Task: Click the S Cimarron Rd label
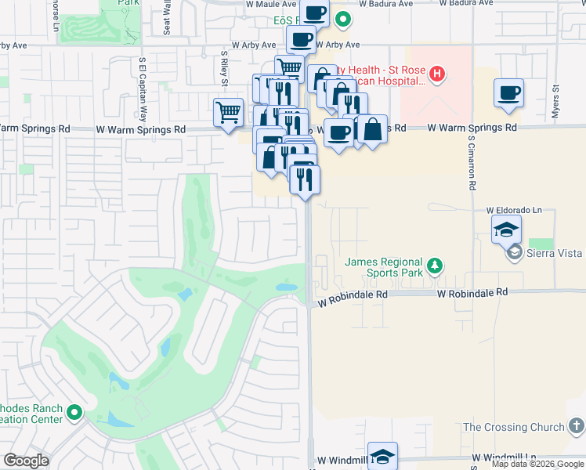(x=472, y=164)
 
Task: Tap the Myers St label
(x=555, y=102)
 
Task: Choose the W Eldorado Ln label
(x=514, y=211)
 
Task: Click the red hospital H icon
(x=437, y=76)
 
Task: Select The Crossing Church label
(x=513, y=427)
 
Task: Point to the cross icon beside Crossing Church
(x=577, y=427)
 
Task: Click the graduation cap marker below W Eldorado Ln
(x=506, y=230)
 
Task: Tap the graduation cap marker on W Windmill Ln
(x=382, y=456)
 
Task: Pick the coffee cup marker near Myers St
(x=508, y=92)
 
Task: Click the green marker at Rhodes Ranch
(x=74, y=412)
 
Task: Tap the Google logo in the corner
(x=26, y=461)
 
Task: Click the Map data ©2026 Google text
(x=538, y=465)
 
